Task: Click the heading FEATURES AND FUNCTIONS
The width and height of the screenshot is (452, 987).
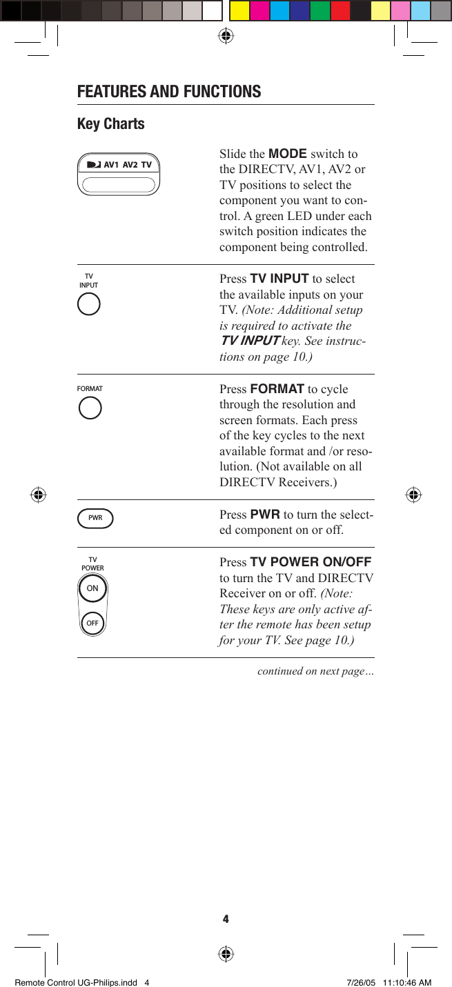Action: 169,92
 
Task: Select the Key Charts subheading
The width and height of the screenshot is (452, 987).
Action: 111,124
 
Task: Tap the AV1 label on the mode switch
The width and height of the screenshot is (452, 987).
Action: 112,165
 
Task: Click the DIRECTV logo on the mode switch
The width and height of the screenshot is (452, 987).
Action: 94,165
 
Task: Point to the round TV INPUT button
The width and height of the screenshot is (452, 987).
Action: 89,304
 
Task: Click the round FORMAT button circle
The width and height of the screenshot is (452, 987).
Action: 90,408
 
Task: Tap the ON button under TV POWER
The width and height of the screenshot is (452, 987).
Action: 92,589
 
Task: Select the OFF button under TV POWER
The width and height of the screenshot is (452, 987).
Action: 92,623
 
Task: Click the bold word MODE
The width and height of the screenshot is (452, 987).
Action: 287,153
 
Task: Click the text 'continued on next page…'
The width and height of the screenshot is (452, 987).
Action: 315,671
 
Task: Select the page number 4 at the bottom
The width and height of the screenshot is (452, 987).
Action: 226,919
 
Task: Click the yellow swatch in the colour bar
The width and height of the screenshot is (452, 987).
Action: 239,10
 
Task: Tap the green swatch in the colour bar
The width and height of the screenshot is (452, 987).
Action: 320,10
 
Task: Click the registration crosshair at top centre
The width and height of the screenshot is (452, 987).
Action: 226,36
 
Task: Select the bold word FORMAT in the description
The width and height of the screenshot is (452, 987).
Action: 277,389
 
